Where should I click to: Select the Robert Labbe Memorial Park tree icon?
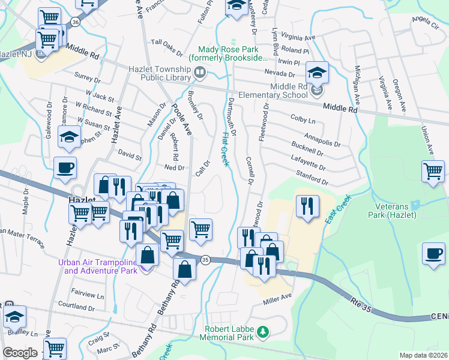(262, 331)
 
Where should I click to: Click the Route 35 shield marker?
(205, 260)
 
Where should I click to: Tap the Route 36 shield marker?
(74, 22)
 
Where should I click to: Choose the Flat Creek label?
(226, 150)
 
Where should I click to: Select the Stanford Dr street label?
(312, 178)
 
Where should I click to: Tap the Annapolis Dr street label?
(322, 140)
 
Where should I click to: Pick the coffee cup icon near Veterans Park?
(433, 253)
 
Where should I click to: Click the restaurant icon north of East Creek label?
(307, 207)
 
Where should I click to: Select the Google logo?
(20, 353)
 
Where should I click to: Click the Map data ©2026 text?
(424, 355)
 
